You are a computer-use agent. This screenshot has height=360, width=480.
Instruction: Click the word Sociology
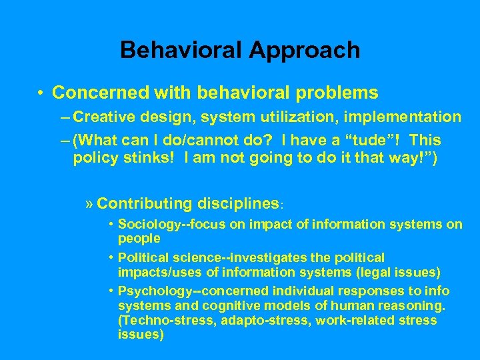pos(147,225)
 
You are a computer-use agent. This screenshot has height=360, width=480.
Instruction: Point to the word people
pos(139,237)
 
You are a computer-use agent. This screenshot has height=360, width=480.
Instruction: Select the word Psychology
pos(151,291)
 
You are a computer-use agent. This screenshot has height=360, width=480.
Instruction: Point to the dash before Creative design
pos(64,118)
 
